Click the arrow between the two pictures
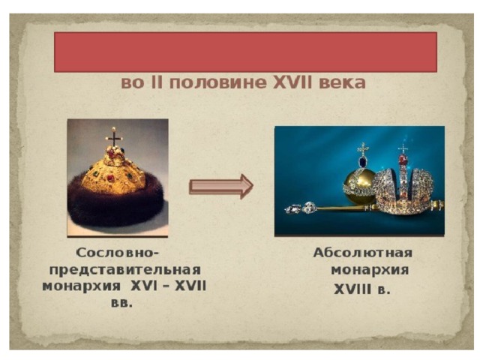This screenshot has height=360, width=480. pyautogui.click(x=221, y=187)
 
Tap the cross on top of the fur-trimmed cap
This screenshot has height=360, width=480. pyautogui.click(x=114, y=136)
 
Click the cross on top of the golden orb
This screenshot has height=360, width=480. pyautogui.click(x=363, y=149)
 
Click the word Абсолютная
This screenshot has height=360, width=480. pyautogui.click(x=363, y=253)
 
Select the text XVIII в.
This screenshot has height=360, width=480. pyautogui.click(x=362, y=289)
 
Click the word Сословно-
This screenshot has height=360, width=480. pyautogui.click(x=118, y=253)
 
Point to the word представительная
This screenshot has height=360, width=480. pyautogui.click(x=125, y=270)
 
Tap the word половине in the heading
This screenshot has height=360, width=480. pyautogui.click(x=218, y=82)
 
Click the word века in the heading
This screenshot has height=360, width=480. pyautogui.click(x=342, y=82)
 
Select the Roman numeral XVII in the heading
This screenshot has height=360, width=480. pyautogui.click(x=292, y=82)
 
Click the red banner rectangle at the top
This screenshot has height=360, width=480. pyautogui.click(x=245, y=52)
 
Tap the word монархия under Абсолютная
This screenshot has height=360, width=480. pyautogui.click(x=370, y=271)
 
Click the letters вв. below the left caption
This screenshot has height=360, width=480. pyautogui.click(x=121, y=304)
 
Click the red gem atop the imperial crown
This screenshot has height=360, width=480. pyautogui.click(x=403, y=159)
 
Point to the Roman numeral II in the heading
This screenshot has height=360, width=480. pyautogui.click(x=158, y=82)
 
